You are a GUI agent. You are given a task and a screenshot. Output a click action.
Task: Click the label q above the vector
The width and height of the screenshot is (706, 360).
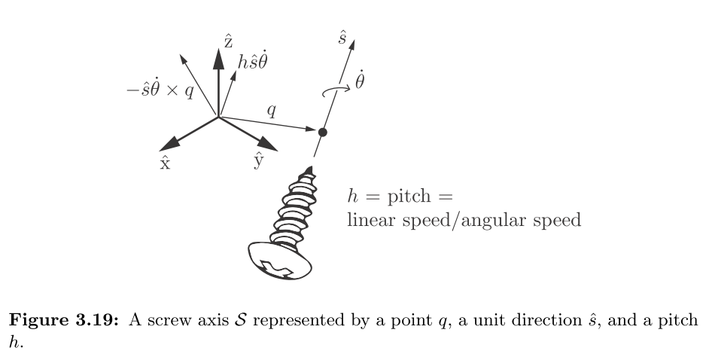point(271,111)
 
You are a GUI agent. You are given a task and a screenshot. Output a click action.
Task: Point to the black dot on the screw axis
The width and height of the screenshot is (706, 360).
point(322,133)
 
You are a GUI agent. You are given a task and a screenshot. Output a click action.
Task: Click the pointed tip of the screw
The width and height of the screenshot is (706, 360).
point(309,170)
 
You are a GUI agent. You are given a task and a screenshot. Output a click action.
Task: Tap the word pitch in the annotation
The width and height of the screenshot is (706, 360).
point(407,199)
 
